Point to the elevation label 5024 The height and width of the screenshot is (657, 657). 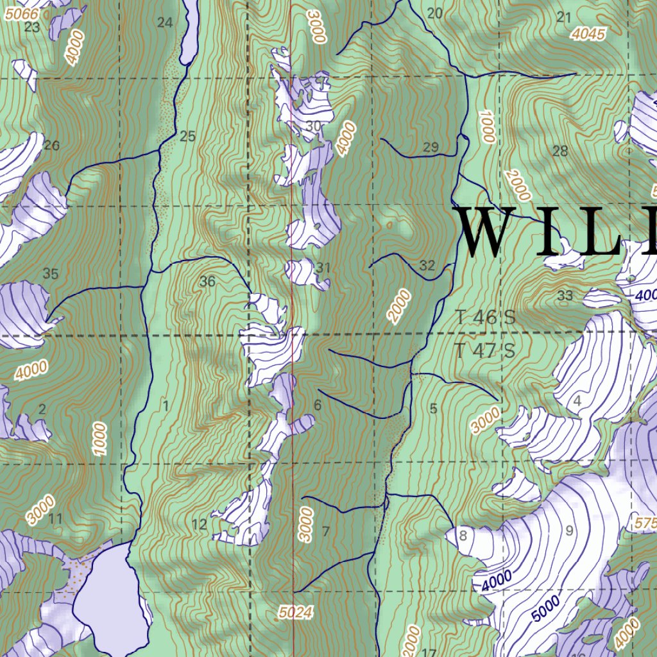click(296, 613)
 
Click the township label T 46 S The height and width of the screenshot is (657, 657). click(486, 317)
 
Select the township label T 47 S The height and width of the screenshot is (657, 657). click(486, 351)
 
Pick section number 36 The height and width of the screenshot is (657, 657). click(207, 281)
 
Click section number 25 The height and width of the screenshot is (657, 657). click(187, 136)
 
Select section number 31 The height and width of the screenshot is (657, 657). click(323, 267)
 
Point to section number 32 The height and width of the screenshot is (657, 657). click(427, 265)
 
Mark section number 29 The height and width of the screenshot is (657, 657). click(431, 148)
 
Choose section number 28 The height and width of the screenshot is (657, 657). click(560, 151)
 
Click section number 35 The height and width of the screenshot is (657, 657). click(51, 275)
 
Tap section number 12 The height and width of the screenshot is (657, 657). click(200, 525)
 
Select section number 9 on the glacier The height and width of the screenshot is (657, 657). click(568, 531)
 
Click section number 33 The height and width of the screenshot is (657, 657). click(565, 296)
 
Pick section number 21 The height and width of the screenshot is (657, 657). click(564, 17)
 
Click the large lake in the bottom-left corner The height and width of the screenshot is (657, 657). click(109, 593)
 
